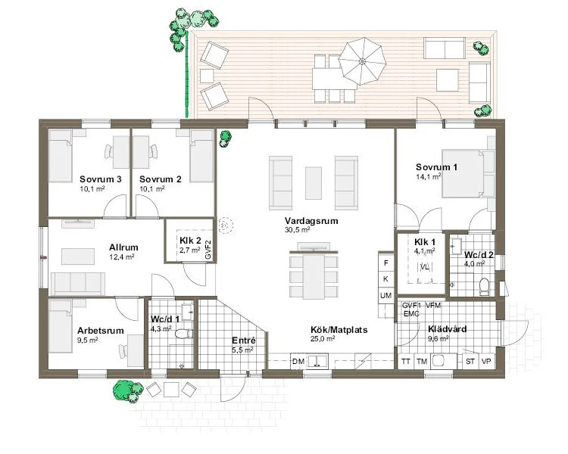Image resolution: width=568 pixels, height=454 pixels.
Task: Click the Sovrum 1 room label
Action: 436,167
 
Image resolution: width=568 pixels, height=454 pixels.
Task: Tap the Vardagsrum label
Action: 311,221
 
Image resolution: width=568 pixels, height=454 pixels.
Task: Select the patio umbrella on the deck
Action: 362,61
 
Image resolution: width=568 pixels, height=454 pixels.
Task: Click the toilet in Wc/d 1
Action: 183,334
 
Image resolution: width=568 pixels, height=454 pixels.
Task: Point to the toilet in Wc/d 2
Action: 484,285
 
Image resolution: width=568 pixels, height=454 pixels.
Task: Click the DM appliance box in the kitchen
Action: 298,361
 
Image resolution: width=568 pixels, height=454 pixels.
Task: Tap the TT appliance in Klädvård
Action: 406,361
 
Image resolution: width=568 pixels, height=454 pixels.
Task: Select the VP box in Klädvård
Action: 485,361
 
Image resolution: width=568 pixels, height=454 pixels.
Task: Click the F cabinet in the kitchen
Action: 385,263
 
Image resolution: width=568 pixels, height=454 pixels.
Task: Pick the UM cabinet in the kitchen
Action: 385,295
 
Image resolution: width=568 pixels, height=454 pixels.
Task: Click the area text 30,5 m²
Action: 297,230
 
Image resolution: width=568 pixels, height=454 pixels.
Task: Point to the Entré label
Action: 243,340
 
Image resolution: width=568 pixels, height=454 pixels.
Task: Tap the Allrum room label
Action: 123,247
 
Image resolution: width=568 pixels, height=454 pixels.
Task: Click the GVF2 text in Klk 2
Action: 208,249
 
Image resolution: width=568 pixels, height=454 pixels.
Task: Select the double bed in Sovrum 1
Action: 463,173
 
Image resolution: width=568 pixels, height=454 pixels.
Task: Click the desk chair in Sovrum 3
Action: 108,151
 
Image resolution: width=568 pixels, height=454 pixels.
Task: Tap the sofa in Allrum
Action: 78,284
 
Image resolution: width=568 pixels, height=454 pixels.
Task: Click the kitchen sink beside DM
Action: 317,361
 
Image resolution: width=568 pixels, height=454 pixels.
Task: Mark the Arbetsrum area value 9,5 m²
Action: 88,340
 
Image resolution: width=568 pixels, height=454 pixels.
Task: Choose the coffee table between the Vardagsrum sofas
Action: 314,183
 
